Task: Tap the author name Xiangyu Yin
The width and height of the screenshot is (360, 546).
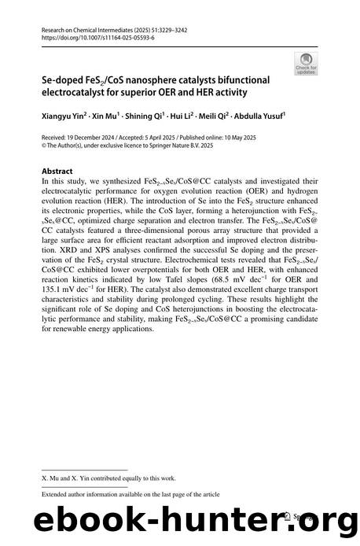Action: click(x=61, y=114)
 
